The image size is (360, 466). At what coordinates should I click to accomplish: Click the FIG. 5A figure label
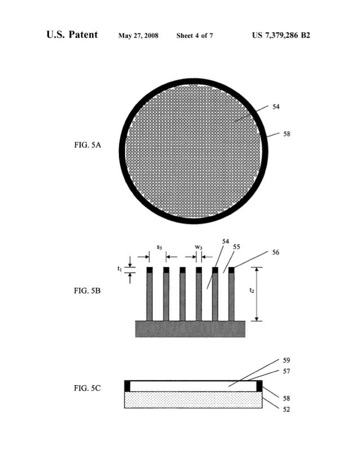pyautogui.click(x=87, y=146)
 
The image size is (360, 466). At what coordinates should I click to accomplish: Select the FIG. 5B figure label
pyautogui.click(x=87, y=291)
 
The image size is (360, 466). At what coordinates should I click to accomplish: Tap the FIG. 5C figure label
pyautogui.click(x=87, y=389)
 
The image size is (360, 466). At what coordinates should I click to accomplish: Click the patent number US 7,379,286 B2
pyautogui.click(x=281, y=36)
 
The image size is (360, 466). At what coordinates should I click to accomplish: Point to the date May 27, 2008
pyautogui.click(x=138, y=36)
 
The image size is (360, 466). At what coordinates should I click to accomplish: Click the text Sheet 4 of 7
pyautogui.click(x=195, y=36)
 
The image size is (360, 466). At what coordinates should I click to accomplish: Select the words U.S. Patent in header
pyautogui.click(x=72, y=36)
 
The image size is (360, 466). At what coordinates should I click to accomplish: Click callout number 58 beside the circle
pyautogui.click(x=287, y=134)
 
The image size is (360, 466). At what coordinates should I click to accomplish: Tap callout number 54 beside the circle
pyautogui.click(x=276, y=106)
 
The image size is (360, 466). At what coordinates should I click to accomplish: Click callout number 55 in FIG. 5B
pyautogui.click(x=236, y=247)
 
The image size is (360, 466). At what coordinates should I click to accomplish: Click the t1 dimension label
pyautogui.click(x=120, y=269)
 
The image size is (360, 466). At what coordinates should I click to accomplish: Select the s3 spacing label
pyautogui.click(x=160, y=247)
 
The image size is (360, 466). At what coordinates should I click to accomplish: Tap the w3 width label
pyautogui.click(x=199, y=247)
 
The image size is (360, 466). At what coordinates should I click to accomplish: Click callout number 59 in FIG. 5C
pyautogui.click(x=287, y=360)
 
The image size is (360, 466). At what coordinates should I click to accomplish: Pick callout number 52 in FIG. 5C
pyautogui.click(x=287, y=410)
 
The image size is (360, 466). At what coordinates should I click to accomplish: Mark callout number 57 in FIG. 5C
pyautogui.click(x=287, y=371)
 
